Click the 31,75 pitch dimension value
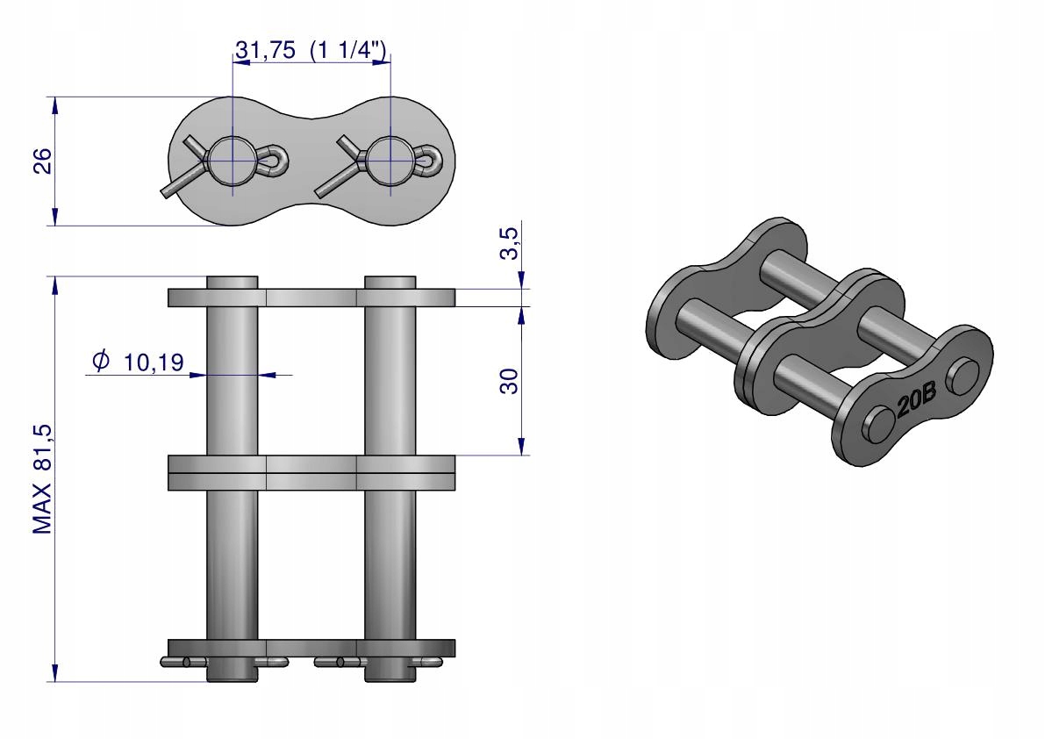265,50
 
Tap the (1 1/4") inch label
348,50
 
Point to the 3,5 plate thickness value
509,243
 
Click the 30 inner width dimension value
509,381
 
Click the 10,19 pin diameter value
154,362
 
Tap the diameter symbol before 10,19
101,361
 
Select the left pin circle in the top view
232,161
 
